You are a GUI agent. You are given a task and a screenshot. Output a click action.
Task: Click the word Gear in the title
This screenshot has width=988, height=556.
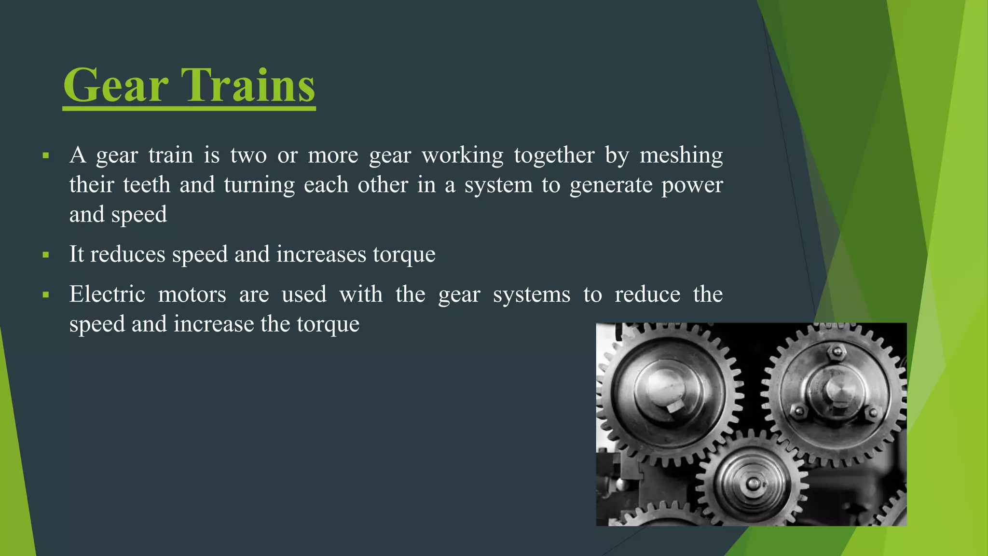(x=116, y=85)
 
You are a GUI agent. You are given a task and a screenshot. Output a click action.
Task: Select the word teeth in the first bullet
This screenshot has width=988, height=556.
(x=146, y=185)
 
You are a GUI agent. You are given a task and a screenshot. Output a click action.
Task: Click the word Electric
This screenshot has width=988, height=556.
(x=107, y=294)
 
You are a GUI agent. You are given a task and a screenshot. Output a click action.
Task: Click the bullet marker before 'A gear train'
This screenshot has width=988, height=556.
(x=46, y=156)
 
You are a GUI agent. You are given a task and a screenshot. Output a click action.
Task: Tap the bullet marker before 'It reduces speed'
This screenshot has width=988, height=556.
(x=46, y=255)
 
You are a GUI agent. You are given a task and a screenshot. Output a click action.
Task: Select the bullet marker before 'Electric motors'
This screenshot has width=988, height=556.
(x=46, y=295)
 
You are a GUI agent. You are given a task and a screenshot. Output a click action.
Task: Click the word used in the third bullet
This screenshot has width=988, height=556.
(x=304, y=294)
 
